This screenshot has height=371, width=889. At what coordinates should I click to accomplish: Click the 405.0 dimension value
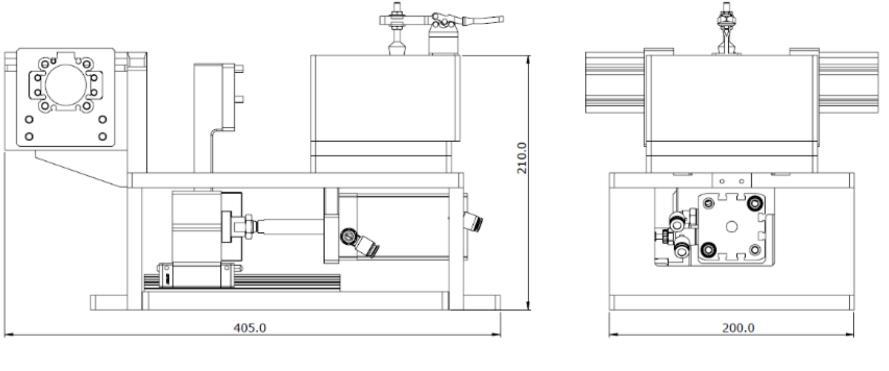tap(250, 328)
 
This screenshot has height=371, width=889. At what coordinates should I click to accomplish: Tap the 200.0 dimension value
tap(738, 328)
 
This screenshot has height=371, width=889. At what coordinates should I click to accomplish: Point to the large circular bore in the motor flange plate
tap(66, 86)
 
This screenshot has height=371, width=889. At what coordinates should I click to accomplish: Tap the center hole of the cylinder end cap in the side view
tap(731, 227)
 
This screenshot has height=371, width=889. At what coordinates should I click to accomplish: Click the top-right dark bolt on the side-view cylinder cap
tap(755, 204)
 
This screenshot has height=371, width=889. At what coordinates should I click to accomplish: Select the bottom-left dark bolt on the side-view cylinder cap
tap(707, 250)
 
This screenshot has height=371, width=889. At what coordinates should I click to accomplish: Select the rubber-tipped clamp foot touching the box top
tap(397, 49)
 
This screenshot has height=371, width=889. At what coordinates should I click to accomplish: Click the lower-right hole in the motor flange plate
tap(103, 137)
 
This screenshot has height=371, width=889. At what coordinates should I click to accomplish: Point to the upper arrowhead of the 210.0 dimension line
tap(528, 59)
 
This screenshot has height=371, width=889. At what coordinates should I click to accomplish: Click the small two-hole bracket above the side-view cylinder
tap(731, 181)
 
